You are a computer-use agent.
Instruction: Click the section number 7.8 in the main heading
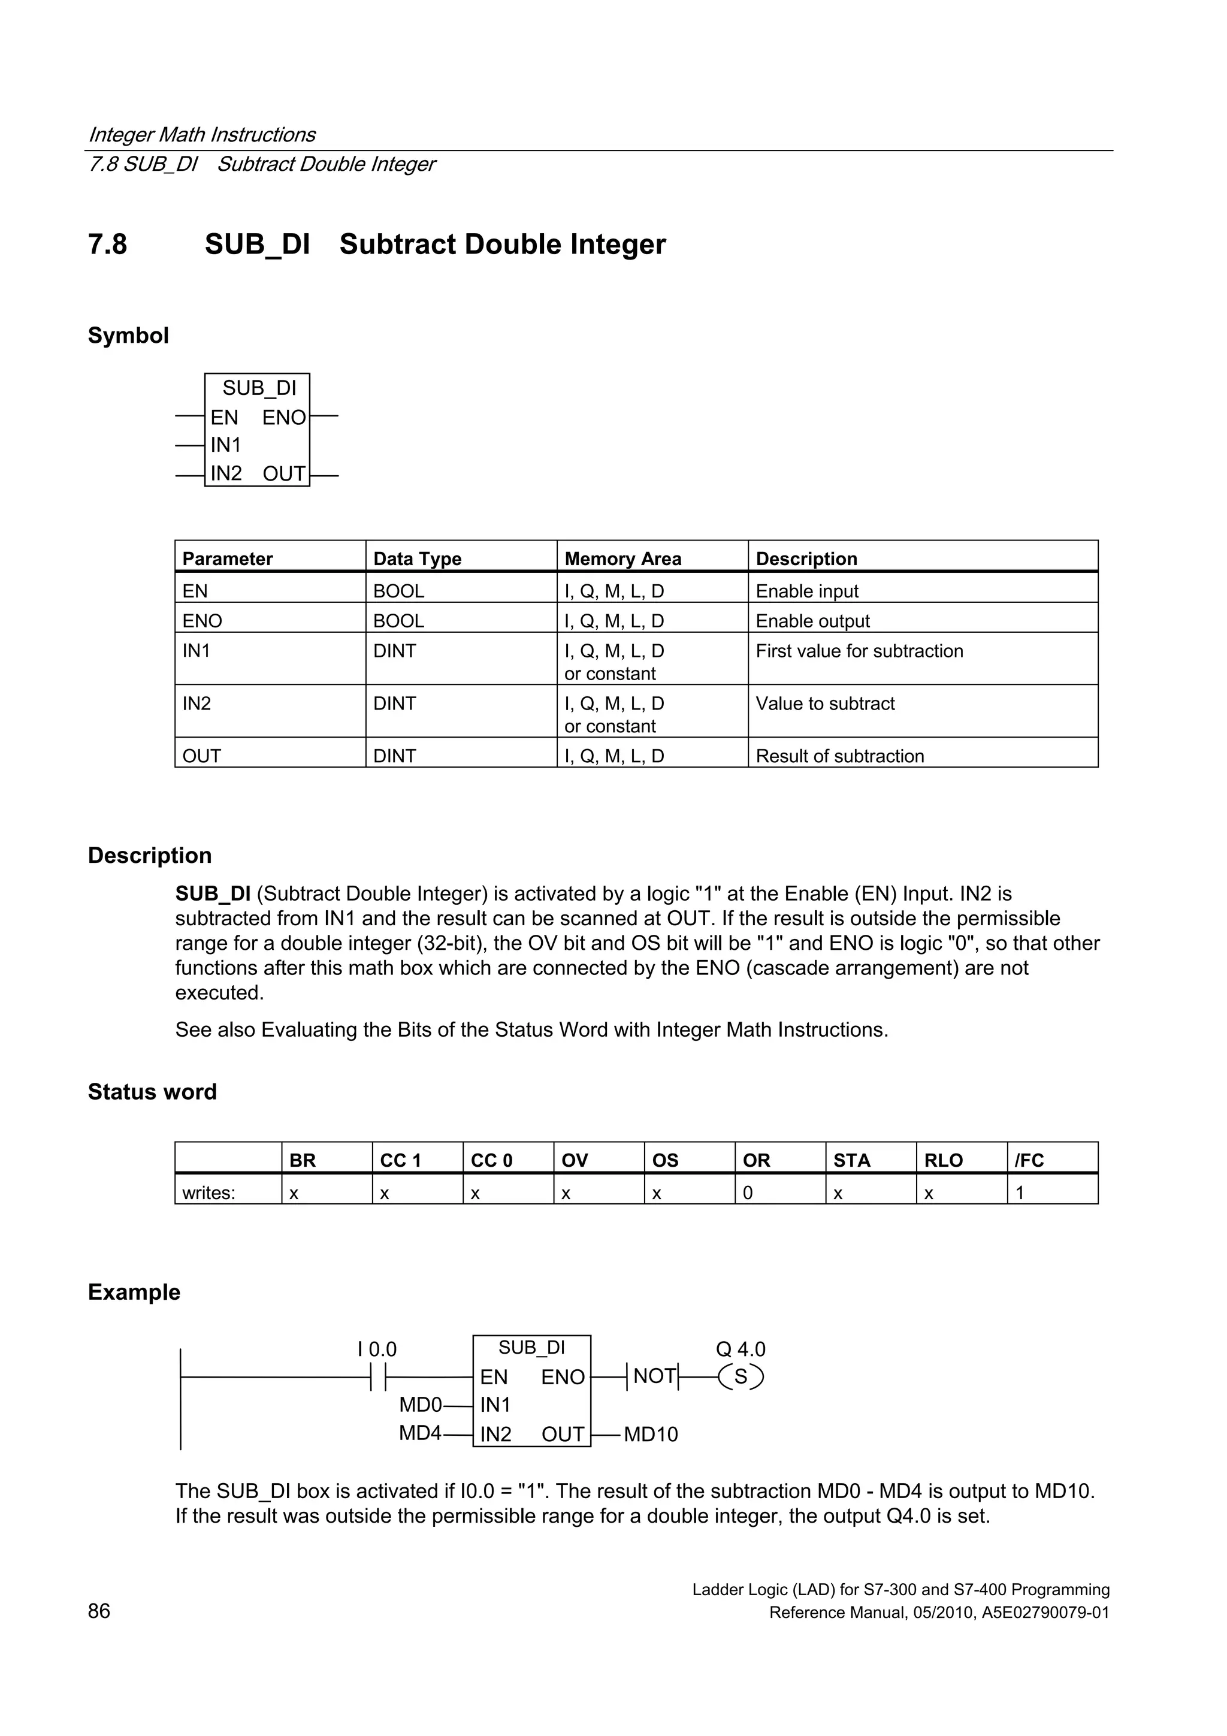(x=107, y=244)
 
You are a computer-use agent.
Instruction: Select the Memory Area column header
(x=622, y=558)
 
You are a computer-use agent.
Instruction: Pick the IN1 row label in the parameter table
(x=197, y=651)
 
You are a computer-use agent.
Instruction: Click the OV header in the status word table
(x=575, y=1161)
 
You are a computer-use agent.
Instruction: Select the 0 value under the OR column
(x=747, y=1192)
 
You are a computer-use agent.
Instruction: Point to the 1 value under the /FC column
(x=1019, y=1192)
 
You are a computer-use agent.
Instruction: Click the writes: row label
(x=208, y=1192)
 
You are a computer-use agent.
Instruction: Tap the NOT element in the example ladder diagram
(x=654, y=1376)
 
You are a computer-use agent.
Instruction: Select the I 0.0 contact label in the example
(x=376, y=1349)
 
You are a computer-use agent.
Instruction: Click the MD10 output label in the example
(x=650, y=1435)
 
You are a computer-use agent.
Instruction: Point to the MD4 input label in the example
(x=419, y=1433)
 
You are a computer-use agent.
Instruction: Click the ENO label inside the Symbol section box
(x=283, y=417)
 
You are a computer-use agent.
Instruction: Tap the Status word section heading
(x=152, y=1092)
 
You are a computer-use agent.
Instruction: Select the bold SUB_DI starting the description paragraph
(x=213, y=893)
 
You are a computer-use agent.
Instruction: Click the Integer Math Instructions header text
(x=202, y=135)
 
